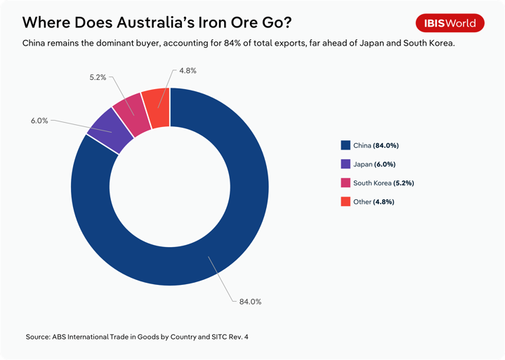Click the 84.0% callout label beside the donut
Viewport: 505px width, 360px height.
(x=250, y=302)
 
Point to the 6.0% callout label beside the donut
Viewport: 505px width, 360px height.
(x=39, y=121)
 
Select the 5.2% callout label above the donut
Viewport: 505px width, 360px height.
(x=98, y=77)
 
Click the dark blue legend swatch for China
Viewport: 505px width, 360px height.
(x=345, y=146)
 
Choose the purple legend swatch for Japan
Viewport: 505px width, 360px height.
(x=345, y=164)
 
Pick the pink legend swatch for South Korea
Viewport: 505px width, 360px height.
(x=345, y=183)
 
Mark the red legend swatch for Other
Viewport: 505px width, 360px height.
(x=345, y=202)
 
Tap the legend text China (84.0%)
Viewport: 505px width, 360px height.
(x=376, y=146)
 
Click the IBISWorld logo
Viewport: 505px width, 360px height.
(x=450, y=23)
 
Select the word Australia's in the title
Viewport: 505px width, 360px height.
(x=164, y=22)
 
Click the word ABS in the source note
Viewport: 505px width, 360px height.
(x=61, y=337)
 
